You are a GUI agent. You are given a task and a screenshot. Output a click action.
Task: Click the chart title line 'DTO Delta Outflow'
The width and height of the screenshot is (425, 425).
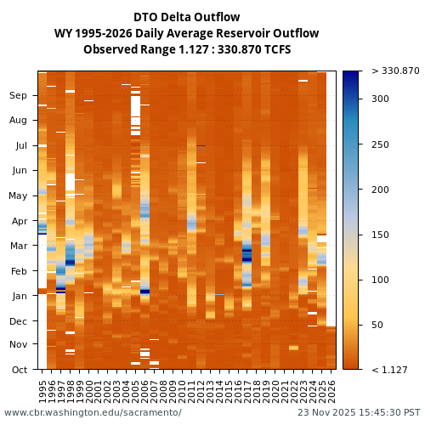(x=186, y=17)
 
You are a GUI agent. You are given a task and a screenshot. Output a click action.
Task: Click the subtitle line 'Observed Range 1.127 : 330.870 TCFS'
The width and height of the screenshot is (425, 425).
(x=186, y=49)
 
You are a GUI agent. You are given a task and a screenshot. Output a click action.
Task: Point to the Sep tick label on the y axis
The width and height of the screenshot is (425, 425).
(x=19, y=96)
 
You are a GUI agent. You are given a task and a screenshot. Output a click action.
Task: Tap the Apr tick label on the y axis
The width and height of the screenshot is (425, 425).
(x=19, y=221)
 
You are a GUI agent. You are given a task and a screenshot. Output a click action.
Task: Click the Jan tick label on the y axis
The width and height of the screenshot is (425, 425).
(x=20, y=296)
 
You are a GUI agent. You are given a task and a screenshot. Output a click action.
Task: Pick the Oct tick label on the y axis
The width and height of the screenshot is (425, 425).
(x=20, y=370)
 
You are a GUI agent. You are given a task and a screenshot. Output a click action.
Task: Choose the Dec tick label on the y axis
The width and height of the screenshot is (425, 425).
(x=19, y=321)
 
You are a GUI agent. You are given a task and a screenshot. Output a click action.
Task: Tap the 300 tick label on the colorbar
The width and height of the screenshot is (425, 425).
(x=380, y=99)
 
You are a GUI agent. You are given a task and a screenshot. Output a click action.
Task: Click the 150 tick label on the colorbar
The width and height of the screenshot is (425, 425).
(x=380, y=235)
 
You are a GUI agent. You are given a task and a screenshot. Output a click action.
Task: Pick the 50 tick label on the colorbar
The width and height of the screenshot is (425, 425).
(x=377, y=325)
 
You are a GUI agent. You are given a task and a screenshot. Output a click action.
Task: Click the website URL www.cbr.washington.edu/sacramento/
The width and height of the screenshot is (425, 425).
(x=93, y=412)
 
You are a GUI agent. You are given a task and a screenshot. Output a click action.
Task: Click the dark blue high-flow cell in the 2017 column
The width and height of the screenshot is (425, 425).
(x=247, y=253)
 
